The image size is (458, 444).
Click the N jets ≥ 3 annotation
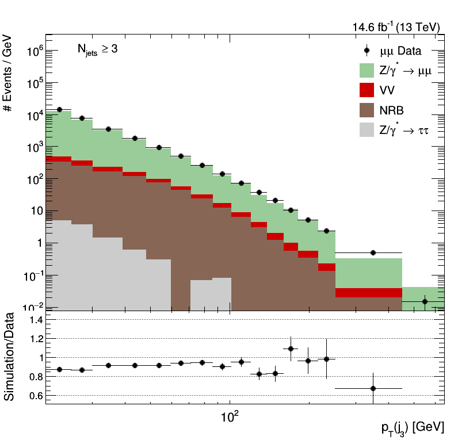[x=97, y=49]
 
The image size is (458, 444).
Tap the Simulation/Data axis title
[x=10, y=357]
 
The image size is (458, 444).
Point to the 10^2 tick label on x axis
[x=230, y=415]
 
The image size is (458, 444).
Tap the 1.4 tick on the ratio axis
[x=36, y=319]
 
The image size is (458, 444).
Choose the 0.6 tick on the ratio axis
[x=36, y=396]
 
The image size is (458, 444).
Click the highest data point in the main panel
[x=59, y=109]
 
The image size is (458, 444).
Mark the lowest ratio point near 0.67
[x=373, y=388]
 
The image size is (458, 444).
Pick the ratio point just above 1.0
[x=291, y=349]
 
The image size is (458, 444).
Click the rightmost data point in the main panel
[x=425, y=301]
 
